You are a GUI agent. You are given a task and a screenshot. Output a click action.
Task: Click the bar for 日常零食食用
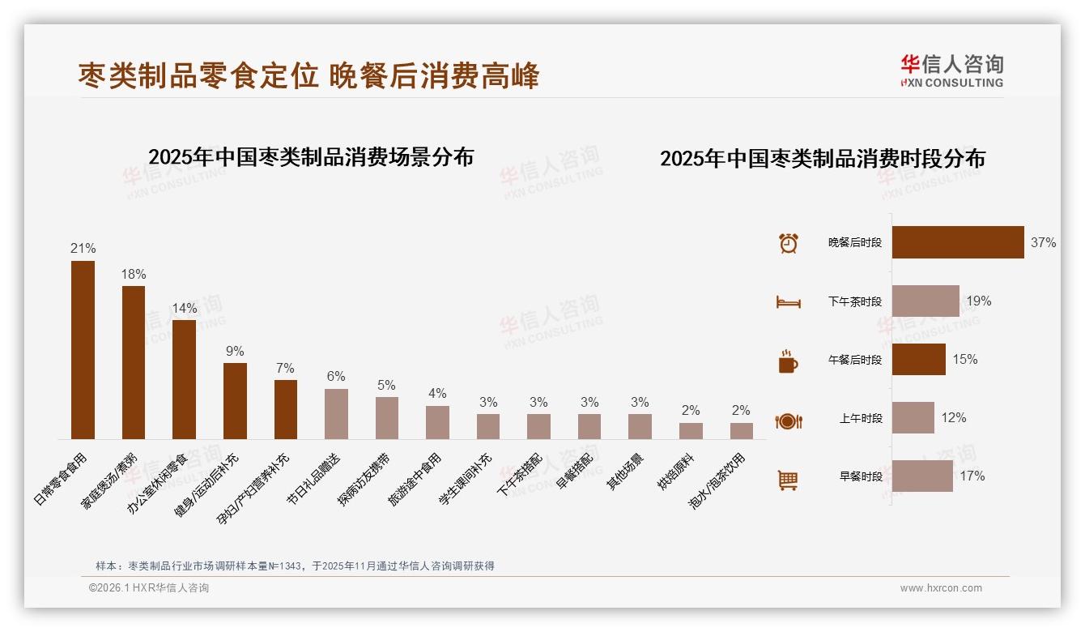click(83, 350)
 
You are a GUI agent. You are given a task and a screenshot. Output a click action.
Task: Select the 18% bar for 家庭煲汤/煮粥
click(134, 362)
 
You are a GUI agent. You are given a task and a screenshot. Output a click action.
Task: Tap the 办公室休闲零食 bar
click(184, 379)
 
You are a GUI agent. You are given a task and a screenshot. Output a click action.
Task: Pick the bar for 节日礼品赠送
click(336, 414)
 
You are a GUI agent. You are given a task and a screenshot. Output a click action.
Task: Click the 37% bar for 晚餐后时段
click(958, 242)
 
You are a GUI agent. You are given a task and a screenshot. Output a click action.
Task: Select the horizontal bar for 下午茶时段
click(925, 301)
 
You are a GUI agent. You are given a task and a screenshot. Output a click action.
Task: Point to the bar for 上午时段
click(913, 418)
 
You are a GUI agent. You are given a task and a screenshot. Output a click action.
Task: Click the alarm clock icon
click(788, 243)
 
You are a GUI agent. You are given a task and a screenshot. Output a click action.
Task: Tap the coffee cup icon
click(788, 361)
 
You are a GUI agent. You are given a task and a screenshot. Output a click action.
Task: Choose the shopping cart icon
click(788, 480)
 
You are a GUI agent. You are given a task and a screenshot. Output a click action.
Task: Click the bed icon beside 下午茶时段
click(788, 302)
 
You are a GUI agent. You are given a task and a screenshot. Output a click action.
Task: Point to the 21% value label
click(83, 249)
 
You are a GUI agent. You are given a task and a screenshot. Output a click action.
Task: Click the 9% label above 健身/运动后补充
click(235, 351)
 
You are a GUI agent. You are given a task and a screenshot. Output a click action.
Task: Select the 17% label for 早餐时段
click(972, 476)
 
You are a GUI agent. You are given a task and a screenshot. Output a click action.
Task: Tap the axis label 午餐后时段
click(855, 360)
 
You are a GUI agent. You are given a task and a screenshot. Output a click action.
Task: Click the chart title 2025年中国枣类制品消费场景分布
click(311, 156)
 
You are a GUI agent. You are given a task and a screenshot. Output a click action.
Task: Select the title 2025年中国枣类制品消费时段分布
click(822, 159)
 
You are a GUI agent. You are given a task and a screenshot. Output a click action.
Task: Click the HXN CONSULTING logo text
click(951, 83)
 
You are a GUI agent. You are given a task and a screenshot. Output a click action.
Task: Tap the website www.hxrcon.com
click(941, 588)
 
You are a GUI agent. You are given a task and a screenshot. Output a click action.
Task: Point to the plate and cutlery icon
click(788, 421)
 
